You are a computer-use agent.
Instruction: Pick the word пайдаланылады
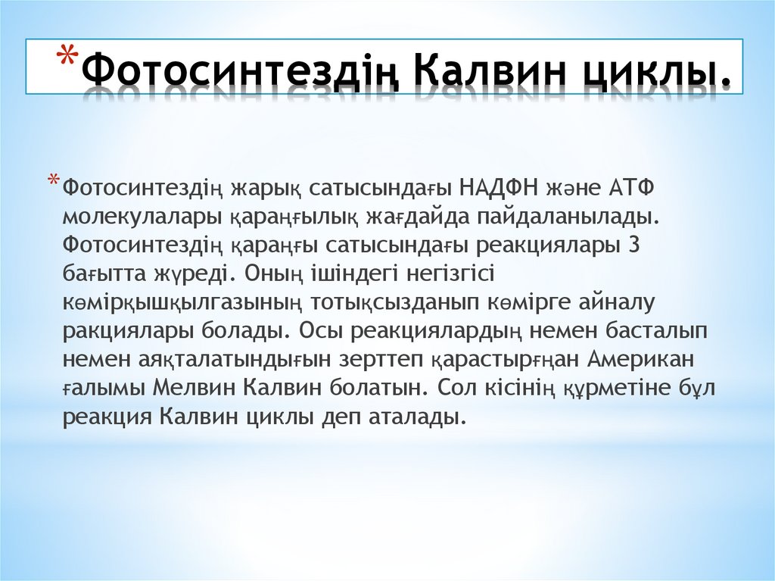(x=568, y=216)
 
